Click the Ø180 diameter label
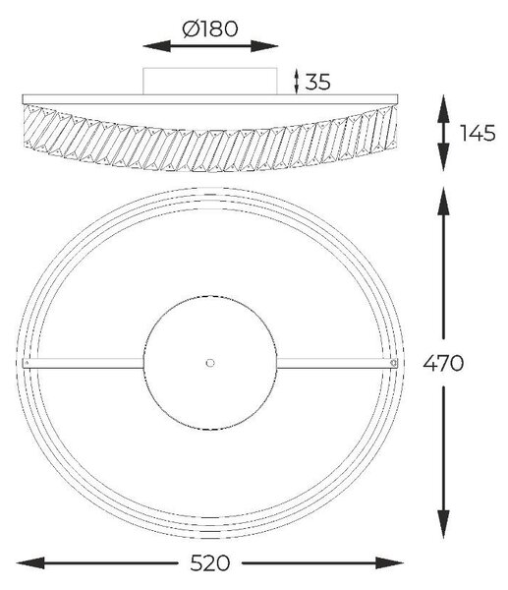(210, 29)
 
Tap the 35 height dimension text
(317, 82)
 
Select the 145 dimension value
(478, 133)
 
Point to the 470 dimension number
(443, 363)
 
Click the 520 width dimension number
(210, 562)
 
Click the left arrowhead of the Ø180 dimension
(156, 46)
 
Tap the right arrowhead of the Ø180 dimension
(264, 46)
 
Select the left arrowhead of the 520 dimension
(30, 562)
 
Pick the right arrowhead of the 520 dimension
(389, 562)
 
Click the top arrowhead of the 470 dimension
(444, 202)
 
